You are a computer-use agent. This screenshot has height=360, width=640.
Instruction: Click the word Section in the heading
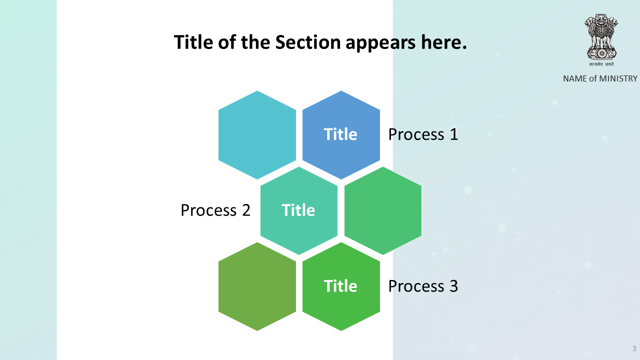coord(307,42)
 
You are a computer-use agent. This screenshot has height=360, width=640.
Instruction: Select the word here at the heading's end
coord(444,42)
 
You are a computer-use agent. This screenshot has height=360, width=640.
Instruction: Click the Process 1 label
coord(423,134)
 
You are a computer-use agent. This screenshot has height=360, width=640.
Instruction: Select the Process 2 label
coord(215,210)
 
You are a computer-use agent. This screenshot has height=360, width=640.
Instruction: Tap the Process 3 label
coord(423,286)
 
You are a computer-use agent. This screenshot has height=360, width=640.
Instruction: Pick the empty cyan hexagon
coord(257,135)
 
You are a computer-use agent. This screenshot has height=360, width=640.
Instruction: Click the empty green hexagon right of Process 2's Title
coord(383,210)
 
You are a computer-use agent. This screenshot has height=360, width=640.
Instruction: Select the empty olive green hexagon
coord(257,286)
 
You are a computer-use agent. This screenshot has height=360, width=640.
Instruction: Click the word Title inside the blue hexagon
coord(340,134)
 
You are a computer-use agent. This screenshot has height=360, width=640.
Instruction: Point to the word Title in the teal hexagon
coord(298,210)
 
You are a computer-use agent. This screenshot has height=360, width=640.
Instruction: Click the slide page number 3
coord(634,348)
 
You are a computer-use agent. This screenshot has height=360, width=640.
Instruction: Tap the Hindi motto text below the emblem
coord(601,64)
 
